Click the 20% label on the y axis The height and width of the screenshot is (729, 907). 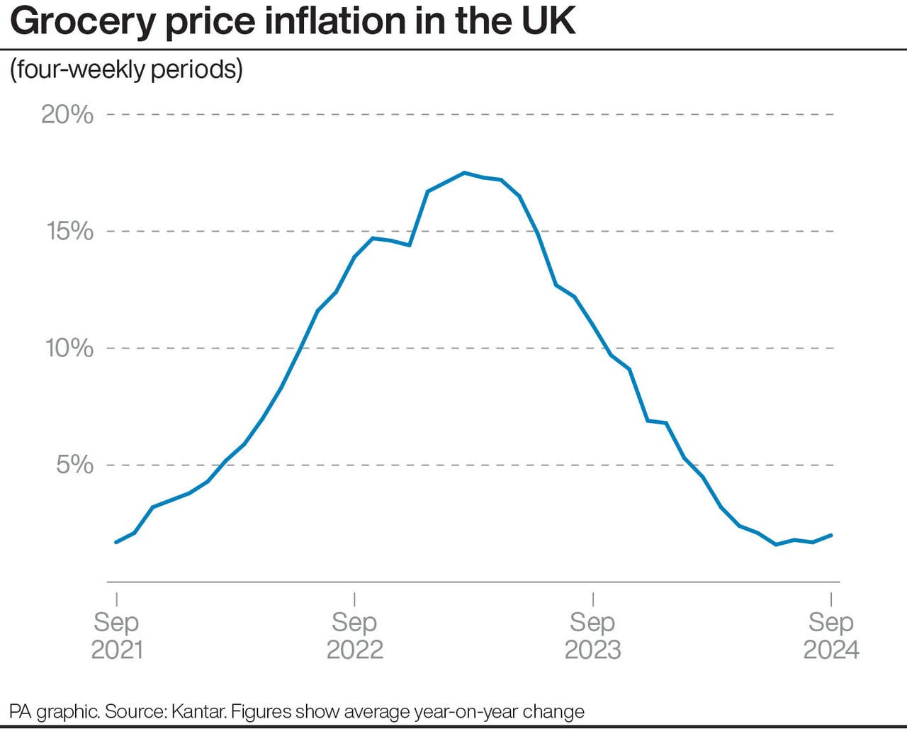(67, 114)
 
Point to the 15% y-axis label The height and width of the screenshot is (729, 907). (69, 231)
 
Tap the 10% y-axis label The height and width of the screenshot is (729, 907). (69, 348)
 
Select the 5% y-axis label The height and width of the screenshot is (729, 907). (74, 465)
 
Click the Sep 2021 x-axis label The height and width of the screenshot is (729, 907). (117, 635)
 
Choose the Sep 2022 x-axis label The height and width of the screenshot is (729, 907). (354, 635)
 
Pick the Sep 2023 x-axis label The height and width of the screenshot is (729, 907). (592, 635)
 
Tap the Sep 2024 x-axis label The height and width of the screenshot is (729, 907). (830, 635)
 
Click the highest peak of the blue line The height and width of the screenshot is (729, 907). (464, 172)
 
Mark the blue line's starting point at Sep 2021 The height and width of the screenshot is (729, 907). (116, 542)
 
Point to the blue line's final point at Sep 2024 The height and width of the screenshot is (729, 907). (831, 535)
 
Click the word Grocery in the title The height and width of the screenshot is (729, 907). (83, 21)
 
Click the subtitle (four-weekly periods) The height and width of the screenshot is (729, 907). (126, 69)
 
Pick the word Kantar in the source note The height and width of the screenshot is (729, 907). (199, 711)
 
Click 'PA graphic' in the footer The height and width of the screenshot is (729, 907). (54, 711)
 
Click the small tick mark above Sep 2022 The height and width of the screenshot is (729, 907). (354, 599)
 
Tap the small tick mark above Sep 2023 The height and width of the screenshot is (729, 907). (592, 599)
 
